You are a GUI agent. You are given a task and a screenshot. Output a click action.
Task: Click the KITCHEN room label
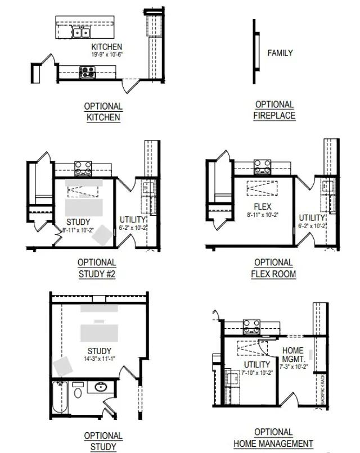pos(107,47)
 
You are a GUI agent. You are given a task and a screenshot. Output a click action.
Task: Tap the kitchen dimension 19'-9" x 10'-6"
pos(107,55)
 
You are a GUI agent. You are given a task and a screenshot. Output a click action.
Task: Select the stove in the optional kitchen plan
pos(87,71)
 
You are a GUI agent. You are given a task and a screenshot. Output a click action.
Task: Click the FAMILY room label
pos(280,53)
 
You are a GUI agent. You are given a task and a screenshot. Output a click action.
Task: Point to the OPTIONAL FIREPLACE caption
pos(274,110)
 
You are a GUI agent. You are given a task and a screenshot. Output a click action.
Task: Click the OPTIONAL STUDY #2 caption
pos(97,268)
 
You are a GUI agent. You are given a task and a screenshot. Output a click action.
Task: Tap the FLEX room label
pos(262,207)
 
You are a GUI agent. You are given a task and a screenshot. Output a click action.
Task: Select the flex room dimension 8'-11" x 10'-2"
pos(262,215)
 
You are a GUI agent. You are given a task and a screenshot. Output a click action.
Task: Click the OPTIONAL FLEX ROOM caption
pos(273,268)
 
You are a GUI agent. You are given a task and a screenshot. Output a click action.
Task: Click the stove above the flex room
pos(262,167)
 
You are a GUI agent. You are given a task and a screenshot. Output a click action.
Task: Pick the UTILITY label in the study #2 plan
pos(133,219)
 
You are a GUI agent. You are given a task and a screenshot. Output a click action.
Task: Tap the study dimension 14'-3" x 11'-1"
pos(99,359)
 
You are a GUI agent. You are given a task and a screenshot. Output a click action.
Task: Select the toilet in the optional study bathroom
pos(78,390)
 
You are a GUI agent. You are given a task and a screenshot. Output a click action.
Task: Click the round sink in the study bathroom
pos(101,387)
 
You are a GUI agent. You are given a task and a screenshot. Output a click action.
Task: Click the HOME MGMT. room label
pos(292,355)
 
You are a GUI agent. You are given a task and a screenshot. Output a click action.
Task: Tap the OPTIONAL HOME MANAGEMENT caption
pos(273,438)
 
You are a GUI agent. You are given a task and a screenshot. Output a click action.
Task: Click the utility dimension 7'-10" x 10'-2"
pos(257,373)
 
